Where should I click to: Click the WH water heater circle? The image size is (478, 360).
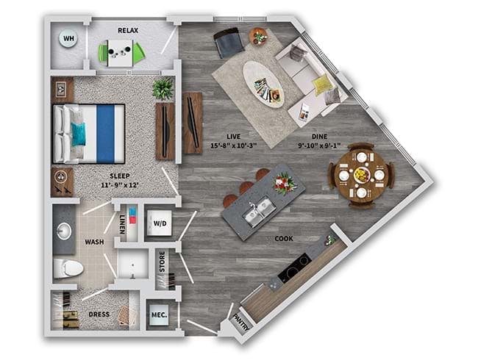point(68,38)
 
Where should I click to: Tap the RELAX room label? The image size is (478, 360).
point(128,30)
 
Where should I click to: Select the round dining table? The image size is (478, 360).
point(361,175)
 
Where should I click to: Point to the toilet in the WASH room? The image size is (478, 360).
point(68,268)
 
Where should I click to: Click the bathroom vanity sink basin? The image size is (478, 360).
point(64,231)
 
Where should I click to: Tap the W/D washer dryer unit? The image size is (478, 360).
point(160,223)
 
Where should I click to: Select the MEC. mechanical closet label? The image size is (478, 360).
point(159,314)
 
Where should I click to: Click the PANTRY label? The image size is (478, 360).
point(241,323)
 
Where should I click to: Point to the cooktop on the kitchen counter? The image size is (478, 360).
point(294,267)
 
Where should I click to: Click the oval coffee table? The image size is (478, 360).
point(263,84)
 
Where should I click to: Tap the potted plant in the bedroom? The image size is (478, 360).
point(163,88)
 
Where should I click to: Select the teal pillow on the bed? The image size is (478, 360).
point(79,134)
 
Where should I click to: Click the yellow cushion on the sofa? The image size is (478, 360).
point(321,84)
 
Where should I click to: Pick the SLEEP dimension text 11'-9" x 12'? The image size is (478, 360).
point(120,184)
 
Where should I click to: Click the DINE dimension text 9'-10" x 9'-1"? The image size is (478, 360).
point(319,145)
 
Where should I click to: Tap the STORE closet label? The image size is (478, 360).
point(163,262)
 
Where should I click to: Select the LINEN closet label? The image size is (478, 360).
point(122,224)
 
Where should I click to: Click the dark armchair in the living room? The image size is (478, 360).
point(229,43)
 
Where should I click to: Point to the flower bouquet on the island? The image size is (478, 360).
point(284,183)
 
